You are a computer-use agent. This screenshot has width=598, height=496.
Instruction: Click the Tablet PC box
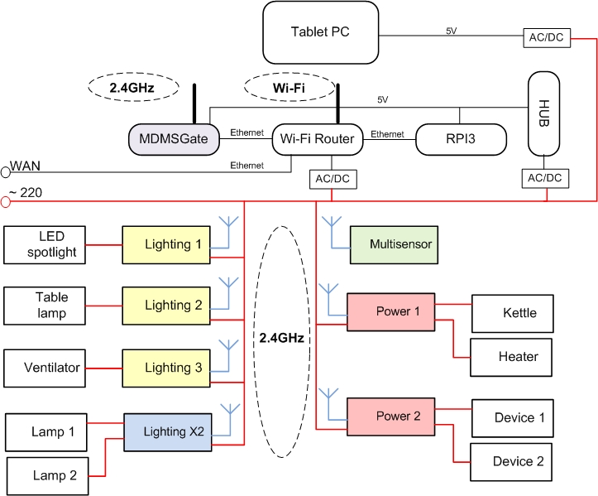(x=320, y=32)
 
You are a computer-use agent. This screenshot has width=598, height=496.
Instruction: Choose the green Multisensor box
(x=391, y=244)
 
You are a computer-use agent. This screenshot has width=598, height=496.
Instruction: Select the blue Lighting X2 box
(x=174, y=431)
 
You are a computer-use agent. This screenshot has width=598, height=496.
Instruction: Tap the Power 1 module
(x=392, y=311)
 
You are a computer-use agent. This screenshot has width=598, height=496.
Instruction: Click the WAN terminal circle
(x=5, y=171)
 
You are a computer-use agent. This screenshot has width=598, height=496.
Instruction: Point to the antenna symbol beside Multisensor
(x=333, y=228)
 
